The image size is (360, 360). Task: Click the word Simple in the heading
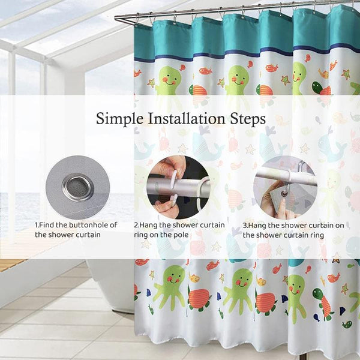point(119,119)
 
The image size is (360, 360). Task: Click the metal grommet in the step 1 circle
point(78,188)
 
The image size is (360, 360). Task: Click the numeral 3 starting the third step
point(245,226)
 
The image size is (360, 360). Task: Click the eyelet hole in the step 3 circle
point(284,193)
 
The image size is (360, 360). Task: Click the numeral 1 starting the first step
point(36,225)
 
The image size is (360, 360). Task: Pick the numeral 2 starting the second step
point(136,225)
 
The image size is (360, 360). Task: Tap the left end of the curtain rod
point(115,18)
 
